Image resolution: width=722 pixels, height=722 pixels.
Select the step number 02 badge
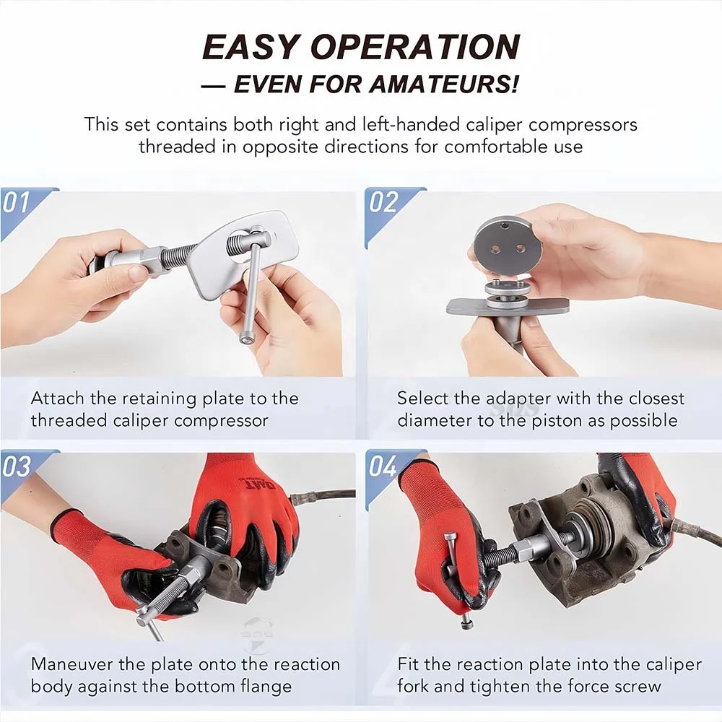click(383, 202)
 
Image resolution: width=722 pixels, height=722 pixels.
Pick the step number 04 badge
click(383, 466)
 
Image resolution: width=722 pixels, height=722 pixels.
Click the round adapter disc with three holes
click(508, 245)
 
